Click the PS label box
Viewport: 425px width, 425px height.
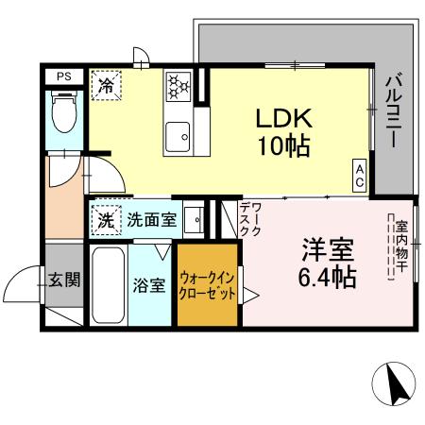click(63, 76)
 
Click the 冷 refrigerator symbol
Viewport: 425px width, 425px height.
click(105, 85)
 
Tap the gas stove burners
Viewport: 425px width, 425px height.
click(178, 87)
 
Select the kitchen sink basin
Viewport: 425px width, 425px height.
click(178, 140)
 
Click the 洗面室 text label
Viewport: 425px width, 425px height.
click(151, 221)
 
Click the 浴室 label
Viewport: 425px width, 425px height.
click(150, 284)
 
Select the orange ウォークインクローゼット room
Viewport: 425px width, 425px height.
click(208, 284)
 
